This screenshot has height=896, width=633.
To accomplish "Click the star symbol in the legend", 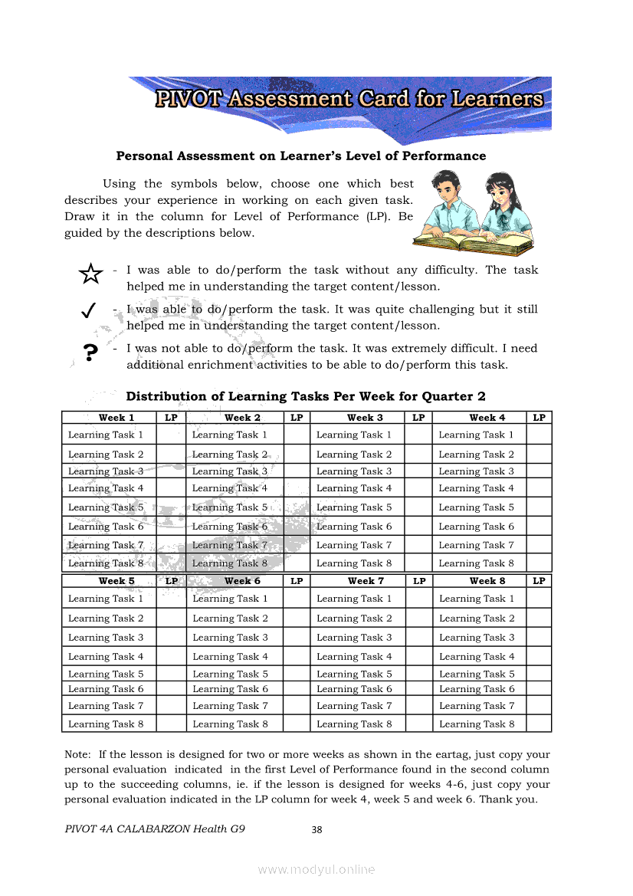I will point(90,274).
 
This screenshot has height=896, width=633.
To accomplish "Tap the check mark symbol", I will point(88,310).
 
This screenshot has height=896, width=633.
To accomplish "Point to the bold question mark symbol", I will point(90,353).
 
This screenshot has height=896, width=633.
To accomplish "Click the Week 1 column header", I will point(116,418).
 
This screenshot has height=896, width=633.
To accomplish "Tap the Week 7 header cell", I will point(366,581).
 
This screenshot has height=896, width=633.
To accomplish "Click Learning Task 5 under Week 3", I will point(354,507).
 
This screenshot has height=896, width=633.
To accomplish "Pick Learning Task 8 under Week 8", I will point(477,724).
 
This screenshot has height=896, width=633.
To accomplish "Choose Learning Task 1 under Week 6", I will point(230,599).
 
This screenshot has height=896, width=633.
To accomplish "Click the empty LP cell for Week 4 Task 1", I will point(539,435).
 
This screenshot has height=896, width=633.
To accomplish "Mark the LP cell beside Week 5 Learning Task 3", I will point(172,638).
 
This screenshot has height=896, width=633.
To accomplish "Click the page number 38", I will point(316,829).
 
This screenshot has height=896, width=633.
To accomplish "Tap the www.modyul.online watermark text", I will point(316,869).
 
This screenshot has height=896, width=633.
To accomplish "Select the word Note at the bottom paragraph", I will point(77,754).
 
